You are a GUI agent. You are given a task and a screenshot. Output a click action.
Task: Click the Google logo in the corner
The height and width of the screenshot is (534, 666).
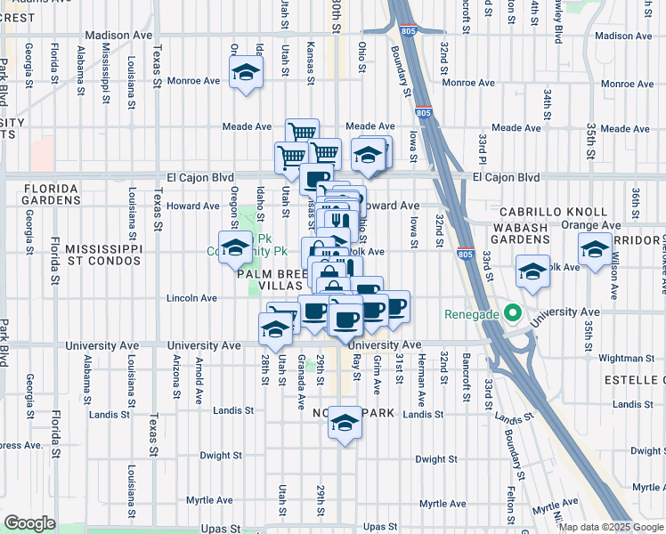(29, 523)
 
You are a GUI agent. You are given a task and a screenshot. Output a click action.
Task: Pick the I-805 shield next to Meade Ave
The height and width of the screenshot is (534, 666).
(424, 113)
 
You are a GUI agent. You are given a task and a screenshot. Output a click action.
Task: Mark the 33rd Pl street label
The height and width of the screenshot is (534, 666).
(482, 148)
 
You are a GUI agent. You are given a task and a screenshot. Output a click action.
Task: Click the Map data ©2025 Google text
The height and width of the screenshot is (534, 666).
(610, 527)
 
